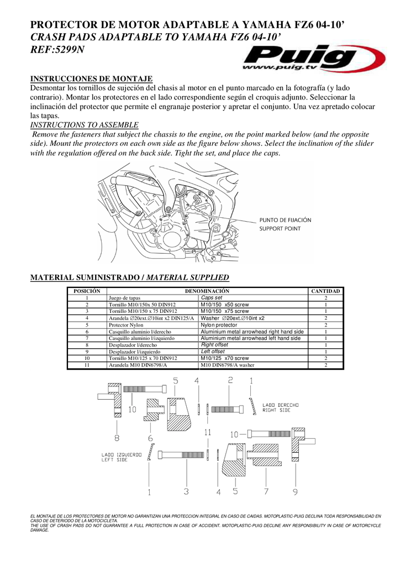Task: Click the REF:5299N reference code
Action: click(x=57, y=49)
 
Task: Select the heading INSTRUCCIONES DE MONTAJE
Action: click(x=91, y=79)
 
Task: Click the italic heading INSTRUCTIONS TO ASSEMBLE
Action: click(x=84, y=125)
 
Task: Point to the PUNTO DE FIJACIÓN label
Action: click(x=285, y=220)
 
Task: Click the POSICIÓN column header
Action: click(x=87, y=291)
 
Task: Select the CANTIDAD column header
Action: click(x=325, y=291)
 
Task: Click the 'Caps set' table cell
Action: click(x=212, y=297)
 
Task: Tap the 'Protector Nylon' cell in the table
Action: click(x=126, y=325)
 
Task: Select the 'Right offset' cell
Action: click(x=214, y=344)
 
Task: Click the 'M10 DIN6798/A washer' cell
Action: click(x=227, y=365)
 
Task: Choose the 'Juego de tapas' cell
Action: click(x=124, y=298)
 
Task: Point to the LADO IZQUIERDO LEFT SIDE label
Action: click(x=121, y=457)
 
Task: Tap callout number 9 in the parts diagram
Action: click(x=295, y=491)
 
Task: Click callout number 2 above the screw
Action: click(x=230, y=380)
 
